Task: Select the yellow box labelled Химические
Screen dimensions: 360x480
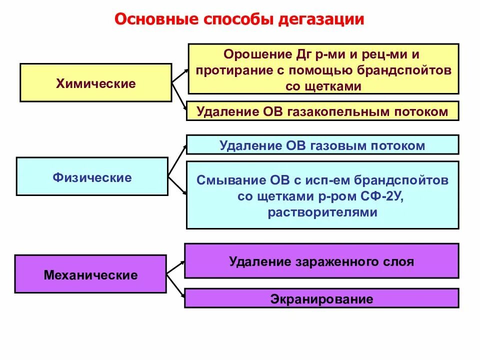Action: (x=95, y=83)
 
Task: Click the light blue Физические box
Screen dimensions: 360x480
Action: (x=92, y=177)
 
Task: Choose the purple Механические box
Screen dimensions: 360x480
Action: (x=90, y=274)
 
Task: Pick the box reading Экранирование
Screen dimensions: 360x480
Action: (x=322, y=299)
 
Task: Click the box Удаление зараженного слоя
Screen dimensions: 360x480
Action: (x=322, y=261)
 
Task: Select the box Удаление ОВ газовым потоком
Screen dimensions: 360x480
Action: (x=322, y=145)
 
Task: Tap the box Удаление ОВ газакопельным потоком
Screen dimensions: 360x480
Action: (x=322, y=111)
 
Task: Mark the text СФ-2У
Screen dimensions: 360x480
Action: (x=387, y=196)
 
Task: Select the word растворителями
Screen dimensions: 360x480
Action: (x=322, y=212)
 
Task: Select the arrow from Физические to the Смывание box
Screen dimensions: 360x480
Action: (x=177, y=185)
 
